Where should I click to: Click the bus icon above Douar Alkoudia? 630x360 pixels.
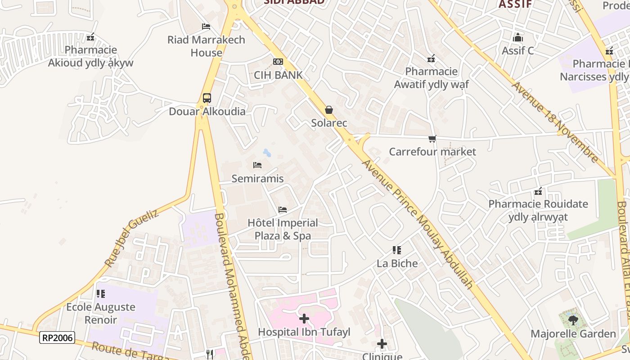[x=207, y=98]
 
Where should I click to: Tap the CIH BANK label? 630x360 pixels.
[x=278, y=75]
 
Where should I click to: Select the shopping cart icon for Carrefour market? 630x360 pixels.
[x=432, y=139]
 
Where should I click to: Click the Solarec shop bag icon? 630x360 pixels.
[x=329, y=110]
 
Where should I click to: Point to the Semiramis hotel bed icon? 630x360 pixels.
[x=257, y=165]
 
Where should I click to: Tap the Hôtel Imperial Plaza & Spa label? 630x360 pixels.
[x=283, y=229]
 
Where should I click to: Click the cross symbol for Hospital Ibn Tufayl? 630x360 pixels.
[x=304, y=319]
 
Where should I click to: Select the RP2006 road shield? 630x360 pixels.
[x=57, y=337]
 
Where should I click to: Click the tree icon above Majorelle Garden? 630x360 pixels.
[x=573, y=320]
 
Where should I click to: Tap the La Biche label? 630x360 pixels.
[x=397, y=263]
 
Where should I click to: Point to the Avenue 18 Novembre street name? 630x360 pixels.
[x=555, y=121]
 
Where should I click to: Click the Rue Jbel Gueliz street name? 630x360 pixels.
[x=131, y=238]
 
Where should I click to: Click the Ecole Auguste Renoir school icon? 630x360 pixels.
[x=101, y=294]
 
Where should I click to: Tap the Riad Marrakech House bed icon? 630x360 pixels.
[x=206, y=27]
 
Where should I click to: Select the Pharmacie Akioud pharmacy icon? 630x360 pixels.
[x=91, y=37]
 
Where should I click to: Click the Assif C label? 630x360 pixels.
[x=518, y=50]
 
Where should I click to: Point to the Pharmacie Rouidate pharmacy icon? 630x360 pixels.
[x=538, y=191]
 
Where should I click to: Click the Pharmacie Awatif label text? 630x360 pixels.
[x=431, y=78]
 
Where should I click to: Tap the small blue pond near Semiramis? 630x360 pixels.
[x=267, y=153]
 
